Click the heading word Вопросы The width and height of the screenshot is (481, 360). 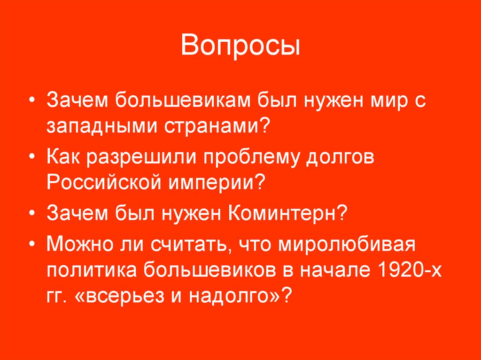point(240,48)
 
